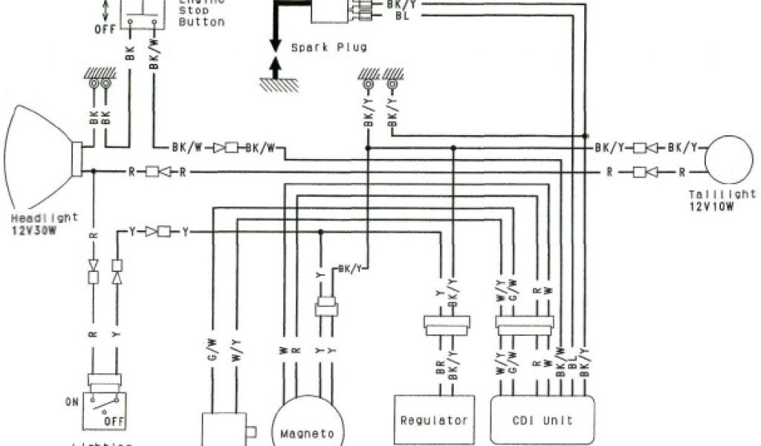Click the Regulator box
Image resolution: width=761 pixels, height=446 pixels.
pyautogui.click(x=434, y=421)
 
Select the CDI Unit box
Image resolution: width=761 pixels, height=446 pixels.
pyautogui.click(x=543, y=421)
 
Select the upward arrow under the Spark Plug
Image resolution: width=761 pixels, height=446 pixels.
pyautogui.click(x=274, y=68)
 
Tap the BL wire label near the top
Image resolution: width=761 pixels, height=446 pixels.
pyautogui.click(x=401, y=15)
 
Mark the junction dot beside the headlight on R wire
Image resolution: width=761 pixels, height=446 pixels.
pyautogui.click(x=94, y=172)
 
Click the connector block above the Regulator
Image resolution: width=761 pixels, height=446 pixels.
pyautogui.click(x=448, y=325)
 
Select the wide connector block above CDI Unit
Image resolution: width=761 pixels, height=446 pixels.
pyautogui.click(x=525, y=325)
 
